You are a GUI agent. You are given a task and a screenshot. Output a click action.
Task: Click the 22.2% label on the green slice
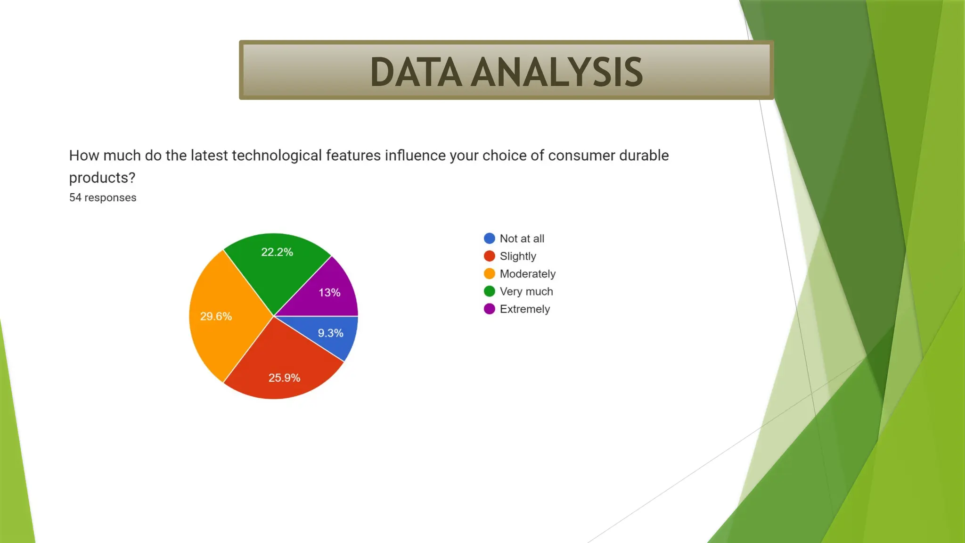(277, 252)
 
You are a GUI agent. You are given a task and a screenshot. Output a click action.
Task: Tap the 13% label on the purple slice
(329, 293)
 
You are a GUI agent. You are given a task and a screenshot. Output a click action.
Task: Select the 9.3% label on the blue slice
(330, 333)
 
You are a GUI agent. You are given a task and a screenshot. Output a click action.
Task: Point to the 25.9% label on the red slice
(284, 378)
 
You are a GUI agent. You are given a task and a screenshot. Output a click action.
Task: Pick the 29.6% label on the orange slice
(216, 316)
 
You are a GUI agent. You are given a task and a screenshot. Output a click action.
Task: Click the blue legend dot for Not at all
(490, 239)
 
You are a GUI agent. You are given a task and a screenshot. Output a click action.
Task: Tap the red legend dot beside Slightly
(490, 256)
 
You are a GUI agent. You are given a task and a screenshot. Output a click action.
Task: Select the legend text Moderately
(527, 274)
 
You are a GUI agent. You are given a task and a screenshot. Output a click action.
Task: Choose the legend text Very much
(526, 291)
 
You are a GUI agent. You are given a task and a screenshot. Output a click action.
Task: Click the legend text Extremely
(524, 309)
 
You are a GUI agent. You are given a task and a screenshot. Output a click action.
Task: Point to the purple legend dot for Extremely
(490, 309)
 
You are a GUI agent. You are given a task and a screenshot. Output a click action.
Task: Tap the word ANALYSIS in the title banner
(557, 72)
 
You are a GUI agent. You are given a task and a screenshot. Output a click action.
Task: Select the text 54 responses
(103, 197)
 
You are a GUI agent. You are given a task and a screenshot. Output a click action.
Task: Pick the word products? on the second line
(102, 178)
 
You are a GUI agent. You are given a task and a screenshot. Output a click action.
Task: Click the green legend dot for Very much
(490, 291)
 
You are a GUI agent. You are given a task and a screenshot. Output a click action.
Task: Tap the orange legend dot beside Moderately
(490, 274)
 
